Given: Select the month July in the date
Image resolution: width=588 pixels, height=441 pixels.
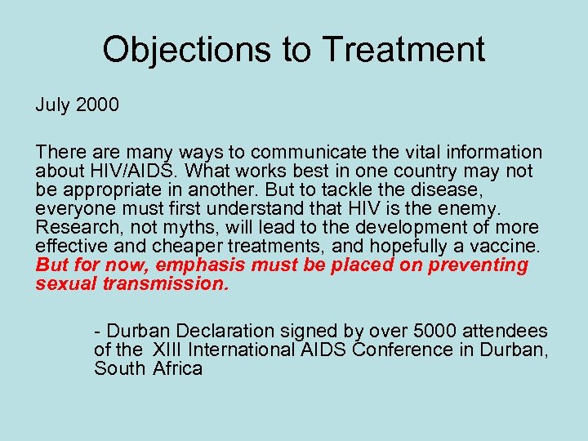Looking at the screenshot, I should point(54,105).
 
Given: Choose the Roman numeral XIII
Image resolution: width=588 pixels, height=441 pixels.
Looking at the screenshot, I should point(168,350).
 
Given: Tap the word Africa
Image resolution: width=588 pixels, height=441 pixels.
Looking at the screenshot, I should point(177,369).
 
